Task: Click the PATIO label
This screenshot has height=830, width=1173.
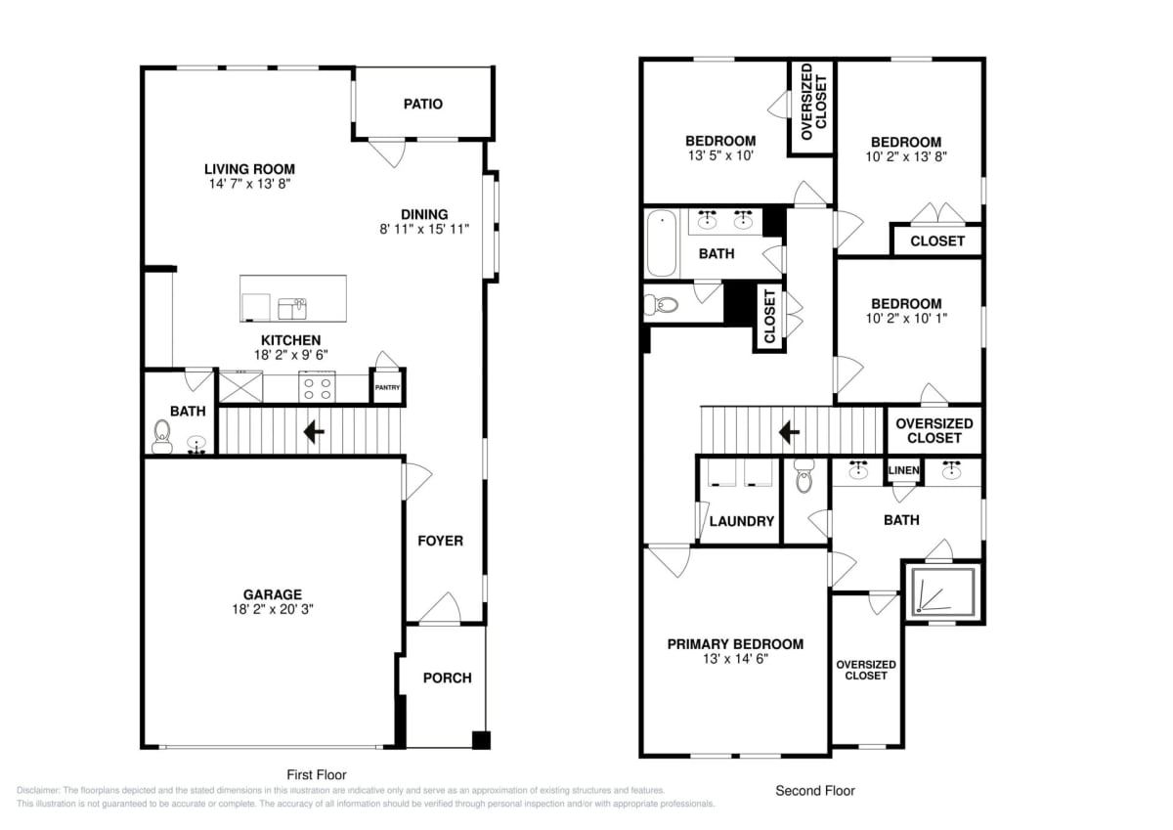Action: [x=422, y=104]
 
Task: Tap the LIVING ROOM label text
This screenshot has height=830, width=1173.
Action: [x=249, y=169]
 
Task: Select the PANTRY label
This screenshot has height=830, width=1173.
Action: [x=387, y=387]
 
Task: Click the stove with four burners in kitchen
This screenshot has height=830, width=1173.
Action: [x=317, y=387]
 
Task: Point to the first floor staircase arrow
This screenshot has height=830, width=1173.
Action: [x=314, y=432]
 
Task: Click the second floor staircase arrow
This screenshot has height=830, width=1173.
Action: [x=789, y=432]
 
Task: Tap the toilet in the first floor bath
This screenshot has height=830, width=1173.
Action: [x=162, y=438]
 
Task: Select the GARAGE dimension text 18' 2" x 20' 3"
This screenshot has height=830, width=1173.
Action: [x=273, y=609]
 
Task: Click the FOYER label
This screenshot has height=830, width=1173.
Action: [x=440, y=541]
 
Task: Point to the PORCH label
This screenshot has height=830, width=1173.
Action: [x=448, y=677]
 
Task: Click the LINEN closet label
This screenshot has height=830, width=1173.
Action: [x=903, y=470]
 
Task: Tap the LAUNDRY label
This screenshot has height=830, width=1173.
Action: [x=742, y=521]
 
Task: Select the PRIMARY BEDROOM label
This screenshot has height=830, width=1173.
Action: [x=735, y=644]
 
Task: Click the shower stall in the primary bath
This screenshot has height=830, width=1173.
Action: [x=942, y=591]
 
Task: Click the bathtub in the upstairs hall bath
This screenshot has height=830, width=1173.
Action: [x=662, y=243]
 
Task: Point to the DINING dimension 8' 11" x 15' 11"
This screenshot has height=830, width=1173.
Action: [x=424, y=229]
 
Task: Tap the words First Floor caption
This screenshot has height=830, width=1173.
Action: [x=317, y=774]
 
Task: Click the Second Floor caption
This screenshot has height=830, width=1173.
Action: [x=815, y=791]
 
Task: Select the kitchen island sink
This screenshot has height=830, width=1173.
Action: [x=292, y=308]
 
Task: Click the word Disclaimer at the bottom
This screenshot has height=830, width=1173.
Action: [x=38, y=790]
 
